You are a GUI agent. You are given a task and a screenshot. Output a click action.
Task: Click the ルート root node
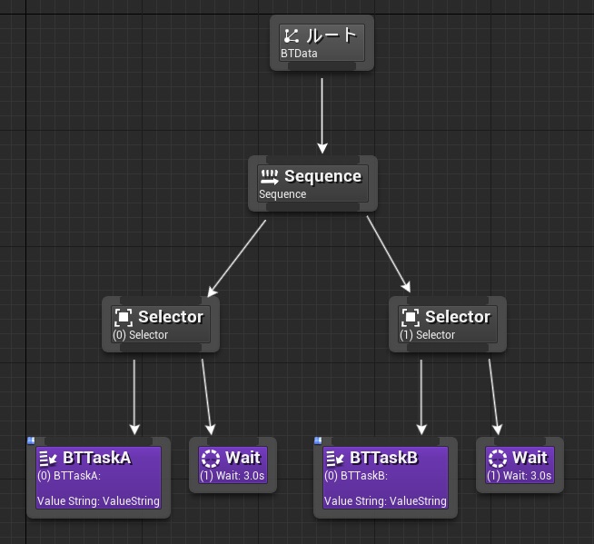(322, 43)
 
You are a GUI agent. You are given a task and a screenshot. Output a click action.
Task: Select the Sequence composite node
(312, 183)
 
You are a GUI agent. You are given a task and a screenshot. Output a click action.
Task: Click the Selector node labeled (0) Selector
(161, 324)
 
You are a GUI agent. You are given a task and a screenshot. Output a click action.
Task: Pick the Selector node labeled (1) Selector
(448, 324)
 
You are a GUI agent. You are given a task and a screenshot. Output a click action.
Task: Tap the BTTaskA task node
(98, 478)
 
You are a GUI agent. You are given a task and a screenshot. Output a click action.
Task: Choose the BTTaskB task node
(385, 478)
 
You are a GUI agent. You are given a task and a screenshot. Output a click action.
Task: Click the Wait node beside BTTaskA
(233, 465)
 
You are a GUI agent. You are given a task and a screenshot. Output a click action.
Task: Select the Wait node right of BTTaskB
(520, 465)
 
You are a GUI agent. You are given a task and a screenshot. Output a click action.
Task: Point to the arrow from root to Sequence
(322, 116)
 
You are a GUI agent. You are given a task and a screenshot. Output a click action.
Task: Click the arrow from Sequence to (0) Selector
(237, 258)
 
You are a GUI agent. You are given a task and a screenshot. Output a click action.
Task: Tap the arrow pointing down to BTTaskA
(134, 398)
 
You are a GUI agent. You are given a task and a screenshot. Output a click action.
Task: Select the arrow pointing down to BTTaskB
(421, 398)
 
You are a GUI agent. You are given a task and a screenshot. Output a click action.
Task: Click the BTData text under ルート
(299, 54)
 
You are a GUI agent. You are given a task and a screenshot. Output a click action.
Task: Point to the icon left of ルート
(292, 36)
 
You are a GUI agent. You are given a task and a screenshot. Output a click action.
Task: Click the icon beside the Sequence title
(270, 177)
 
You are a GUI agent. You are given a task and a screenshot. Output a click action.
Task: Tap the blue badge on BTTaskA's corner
(31, 440)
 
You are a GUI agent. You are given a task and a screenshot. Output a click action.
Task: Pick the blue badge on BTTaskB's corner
(318, 440)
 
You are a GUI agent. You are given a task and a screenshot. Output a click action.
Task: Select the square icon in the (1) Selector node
(411, 317)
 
